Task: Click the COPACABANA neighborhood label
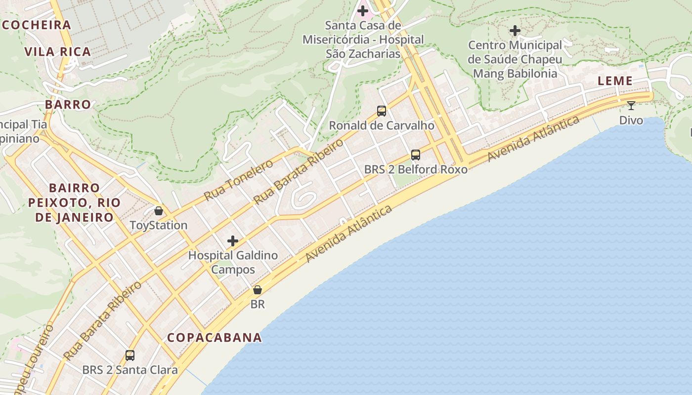click(x=214, y=338)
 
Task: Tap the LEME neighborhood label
click(x=615, y=81)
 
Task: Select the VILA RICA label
click(x=58, y=52)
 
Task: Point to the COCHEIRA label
click(x=36, y=25)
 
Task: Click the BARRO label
click(x=68, y=105)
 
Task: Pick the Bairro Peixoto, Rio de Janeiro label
click(x=74, y=202)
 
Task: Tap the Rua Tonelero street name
click(x=238, y=180)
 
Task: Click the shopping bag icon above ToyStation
click(x=159, y=211)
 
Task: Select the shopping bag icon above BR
click(x=258, y=290)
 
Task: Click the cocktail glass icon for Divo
click(x=631, y=106)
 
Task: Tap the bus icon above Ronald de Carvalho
click(x=382, y=111)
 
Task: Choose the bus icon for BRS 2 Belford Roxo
click(x=416, y=155)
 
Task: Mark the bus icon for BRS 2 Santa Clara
click(x=130, y=355)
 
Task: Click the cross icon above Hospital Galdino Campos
click(x=233, y=241)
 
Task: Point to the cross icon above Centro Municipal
click(x=515, y=31)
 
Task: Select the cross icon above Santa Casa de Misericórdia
click(x=363, y=10)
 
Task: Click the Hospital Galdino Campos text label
click(x=233, y=263)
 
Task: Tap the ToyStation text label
click(x=158, y=226)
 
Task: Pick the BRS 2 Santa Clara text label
click(x=130, y=370)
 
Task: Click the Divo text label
click(x=631, y=120)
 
